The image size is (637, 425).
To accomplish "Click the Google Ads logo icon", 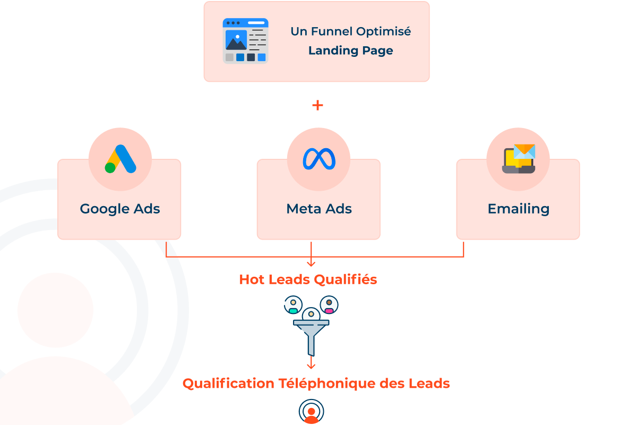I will pos(120,159).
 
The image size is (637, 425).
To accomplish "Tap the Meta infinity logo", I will pos(319,159).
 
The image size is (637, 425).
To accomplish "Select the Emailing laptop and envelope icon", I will pos(519,159).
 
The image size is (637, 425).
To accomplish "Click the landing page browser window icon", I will pos(245,41).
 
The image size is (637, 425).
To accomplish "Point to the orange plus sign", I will pos(317,105).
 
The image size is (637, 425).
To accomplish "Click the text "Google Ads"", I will pos(120,209).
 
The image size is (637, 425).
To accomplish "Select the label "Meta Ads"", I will pos(319,209).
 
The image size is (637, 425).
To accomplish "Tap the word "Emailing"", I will pos(519,209).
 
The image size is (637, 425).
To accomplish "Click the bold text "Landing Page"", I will pos(350,51).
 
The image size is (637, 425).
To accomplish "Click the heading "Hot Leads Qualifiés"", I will pos(308,279).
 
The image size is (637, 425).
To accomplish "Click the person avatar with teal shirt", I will pos(293,305).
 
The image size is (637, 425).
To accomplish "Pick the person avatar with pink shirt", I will pos(329,305).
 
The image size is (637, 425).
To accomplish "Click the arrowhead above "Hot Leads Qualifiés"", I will pos(311,262).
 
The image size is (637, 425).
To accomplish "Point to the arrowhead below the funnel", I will pos(311,365).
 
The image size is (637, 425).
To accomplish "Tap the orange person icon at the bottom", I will pos(311,412).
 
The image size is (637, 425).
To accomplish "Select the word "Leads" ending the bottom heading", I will pos(430,383).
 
